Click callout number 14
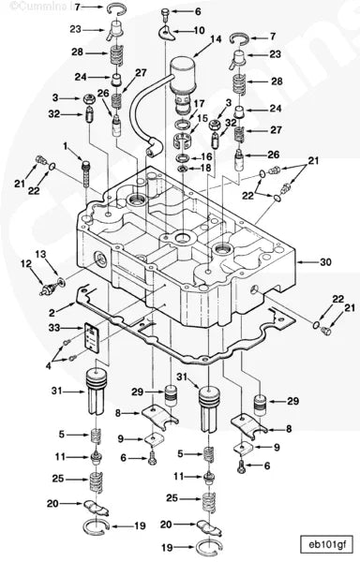(217, 39)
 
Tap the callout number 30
(326, 263)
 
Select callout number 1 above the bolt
(67, 146)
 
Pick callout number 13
(39, 254)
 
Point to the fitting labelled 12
(47, 279)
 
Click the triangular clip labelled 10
(167, 32)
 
